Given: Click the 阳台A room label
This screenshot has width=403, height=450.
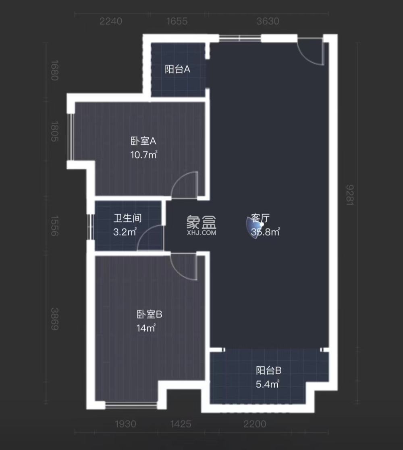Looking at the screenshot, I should coord(177,70).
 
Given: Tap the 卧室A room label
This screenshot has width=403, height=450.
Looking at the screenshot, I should coord(143,141).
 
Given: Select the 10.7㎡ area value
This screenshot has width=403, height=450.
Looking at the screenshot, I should coord(143,154).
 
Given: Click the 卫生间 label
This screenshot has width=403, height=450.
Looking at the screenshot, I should coord(127,218).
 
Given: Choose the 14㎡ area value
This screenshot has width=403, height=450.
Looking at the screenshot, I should coord(146,328).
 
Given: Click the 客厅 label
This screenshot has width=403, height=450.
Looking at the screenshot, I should coord(260,218).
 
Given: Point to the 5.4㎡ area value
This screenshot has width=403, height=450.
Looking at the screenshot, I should coord(268,384).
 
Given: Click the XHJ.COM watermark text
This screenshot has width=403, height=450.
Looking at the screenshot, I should coord(201,232).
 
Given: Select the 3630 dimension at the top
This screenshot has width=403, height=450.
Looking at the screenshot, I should coord(268,21).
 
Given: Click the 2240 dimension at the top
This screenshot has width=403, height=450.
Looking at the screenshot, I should coord(111,21).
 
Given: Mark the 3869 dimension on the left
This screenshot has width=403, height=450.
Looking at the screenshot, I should coord(55,319).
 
